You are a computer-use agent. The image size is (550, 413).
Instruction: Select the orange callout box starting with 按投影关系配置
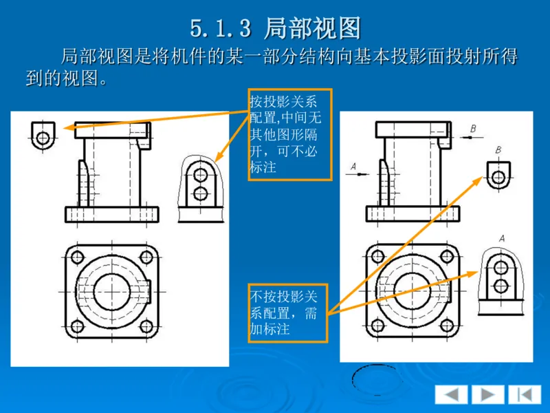point(289,134)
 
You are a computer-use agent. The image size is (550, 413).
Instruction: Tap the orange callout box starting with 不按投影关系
point(288,313)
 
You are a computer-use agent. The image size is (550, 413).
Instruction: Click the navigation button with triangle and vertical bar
point(525,394)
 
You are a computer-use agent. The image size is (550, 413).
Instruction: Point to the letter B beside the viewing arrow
point(473,129)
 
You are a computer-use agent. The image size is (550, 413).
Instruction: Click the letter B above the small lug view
point(498,150)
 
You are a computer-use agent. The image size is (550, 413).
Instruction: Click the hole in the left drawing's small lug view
point(43,137)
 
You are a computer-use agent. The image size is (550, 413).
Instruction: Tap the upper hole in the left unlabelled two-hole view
point(200,171)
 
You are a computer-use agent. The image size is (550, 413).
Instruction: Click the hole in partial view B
point(498,176)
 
